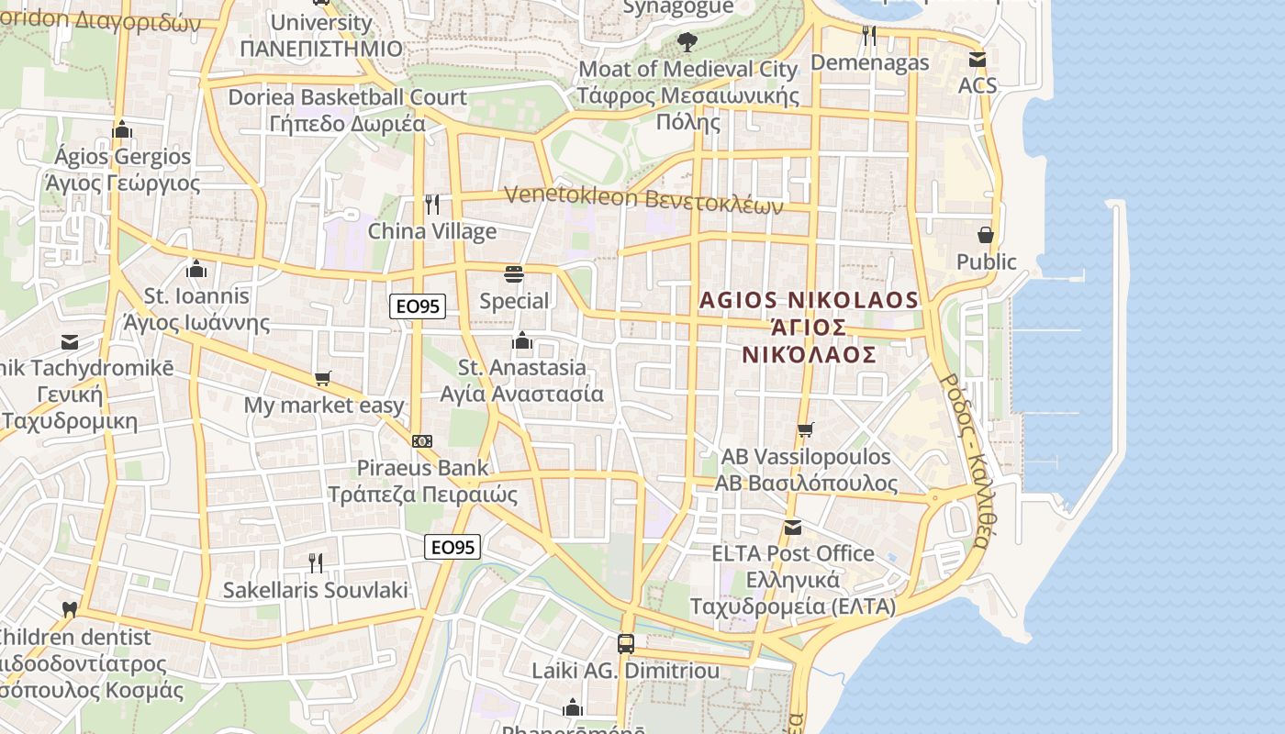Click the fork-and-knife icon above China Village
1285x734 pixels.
click(x=432, y=205)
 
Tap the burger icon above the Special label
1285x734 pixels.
click(x=513, y=274)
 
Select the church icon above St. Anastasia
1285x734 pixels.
click(x=522, y=341)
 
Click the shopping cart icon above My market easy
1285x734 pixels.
click(x=322, y=379)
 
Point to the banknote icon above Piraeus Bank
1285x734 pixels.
click(x=422, y=441)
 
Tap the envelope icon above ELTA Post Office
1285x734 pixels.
click(x=792, y=527)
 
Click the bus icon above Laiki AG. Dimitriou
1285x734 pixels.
click(x=626, y=643)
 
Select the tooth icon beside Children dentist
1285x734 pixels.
click(x=69, y=609)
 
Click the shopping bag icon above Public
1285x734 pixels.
click(x=986, y=235)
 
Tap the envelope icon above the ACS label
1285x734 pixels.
click(x=977, y=60)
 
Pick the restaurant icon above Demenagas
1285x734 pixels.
click(x=868, y=36)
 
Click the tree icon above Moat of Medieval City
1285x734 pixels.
click(x=687, y=41)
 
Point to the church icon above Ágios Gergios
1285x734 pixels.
click(x=122, y=129)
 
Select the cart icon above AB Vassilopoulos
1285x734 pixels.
click(x=805, y=429)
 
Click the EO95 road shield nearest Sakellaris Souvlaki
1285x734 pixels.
click(x=453, y=547)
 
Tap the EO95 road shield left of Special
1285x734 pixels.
click(x=418, y=306)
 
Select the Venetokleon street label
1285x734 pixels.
click(x=643, y=199)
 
